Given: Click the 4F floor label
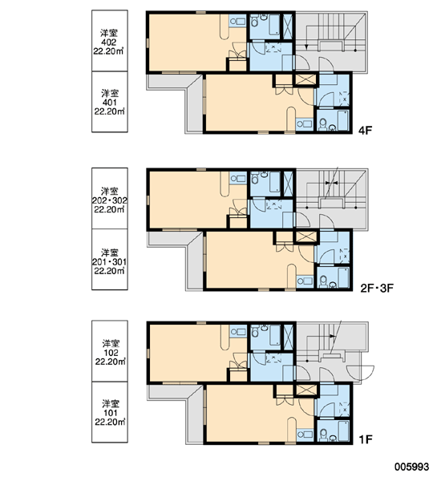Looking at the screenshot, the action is click(x=365, y=131).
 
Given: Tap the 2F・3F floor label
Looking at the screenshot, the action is click(x=377, y=289).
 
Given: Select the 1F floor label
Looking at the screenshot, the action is click(x=366, y=439).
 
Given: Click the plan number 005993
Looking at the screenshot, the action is click(x=411, y=467).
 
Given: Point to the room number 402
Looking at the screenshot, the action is click(x=108, y=42).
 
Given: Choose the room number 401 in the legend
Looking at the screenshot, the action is click(x=109, y=103).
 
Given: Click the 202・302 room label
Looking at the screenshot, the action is click(x=110, y=200).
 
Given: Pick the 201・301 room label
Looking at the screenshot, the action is click(x=110, y=261).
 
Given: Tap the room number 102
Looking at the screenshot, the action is click(x=110, y=353).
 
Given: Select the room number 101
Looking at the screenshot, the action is click(x=110, y=413).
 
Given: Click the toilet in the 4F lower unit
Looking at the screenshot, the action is click(x=323, y=123).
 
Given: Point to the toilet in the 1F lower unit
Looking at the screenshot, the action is click(x=323, y=434).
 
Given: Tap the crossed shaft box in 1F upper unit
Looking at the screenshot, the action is click(x=288, y=337).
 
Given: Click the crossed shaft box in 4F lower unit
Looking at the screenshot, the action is click(x=305, y=79).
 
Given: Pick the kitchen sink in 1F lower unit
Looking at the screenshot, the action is click(x=305, y=435).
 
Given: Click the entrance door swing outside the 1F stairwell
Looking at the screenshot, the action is click(x=360, y=373).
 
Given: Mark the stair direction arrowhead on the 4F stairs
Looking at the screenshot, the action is click(x=306, y=47).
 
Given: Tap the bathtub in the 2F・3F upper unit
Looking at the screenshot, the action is click(x=275, y=182).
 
